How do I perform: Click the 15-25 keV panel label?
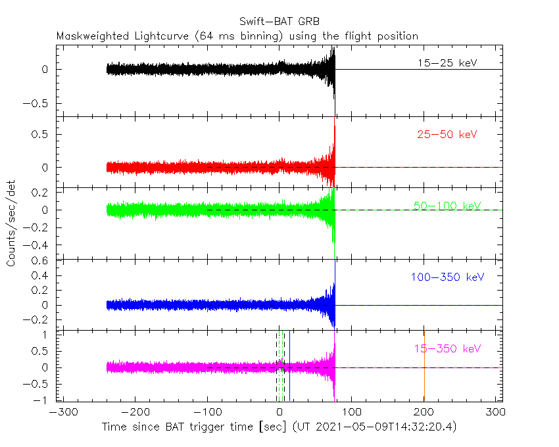pyautogui.click(x=447, y=64)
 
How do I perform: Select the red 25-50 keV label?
pyautogui.click(x=447, y=135)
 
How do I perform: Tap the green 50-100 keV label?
pyautogui.click(x=447, y=206)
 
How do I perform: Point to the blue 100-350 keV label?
pyautogui.click(x=447, y=277)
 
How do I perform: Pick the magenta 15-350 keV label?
pyautogui.click(x=447, y=348)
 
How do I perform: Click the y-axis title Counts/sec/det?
pyautogui.click(x=11, y=223)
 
